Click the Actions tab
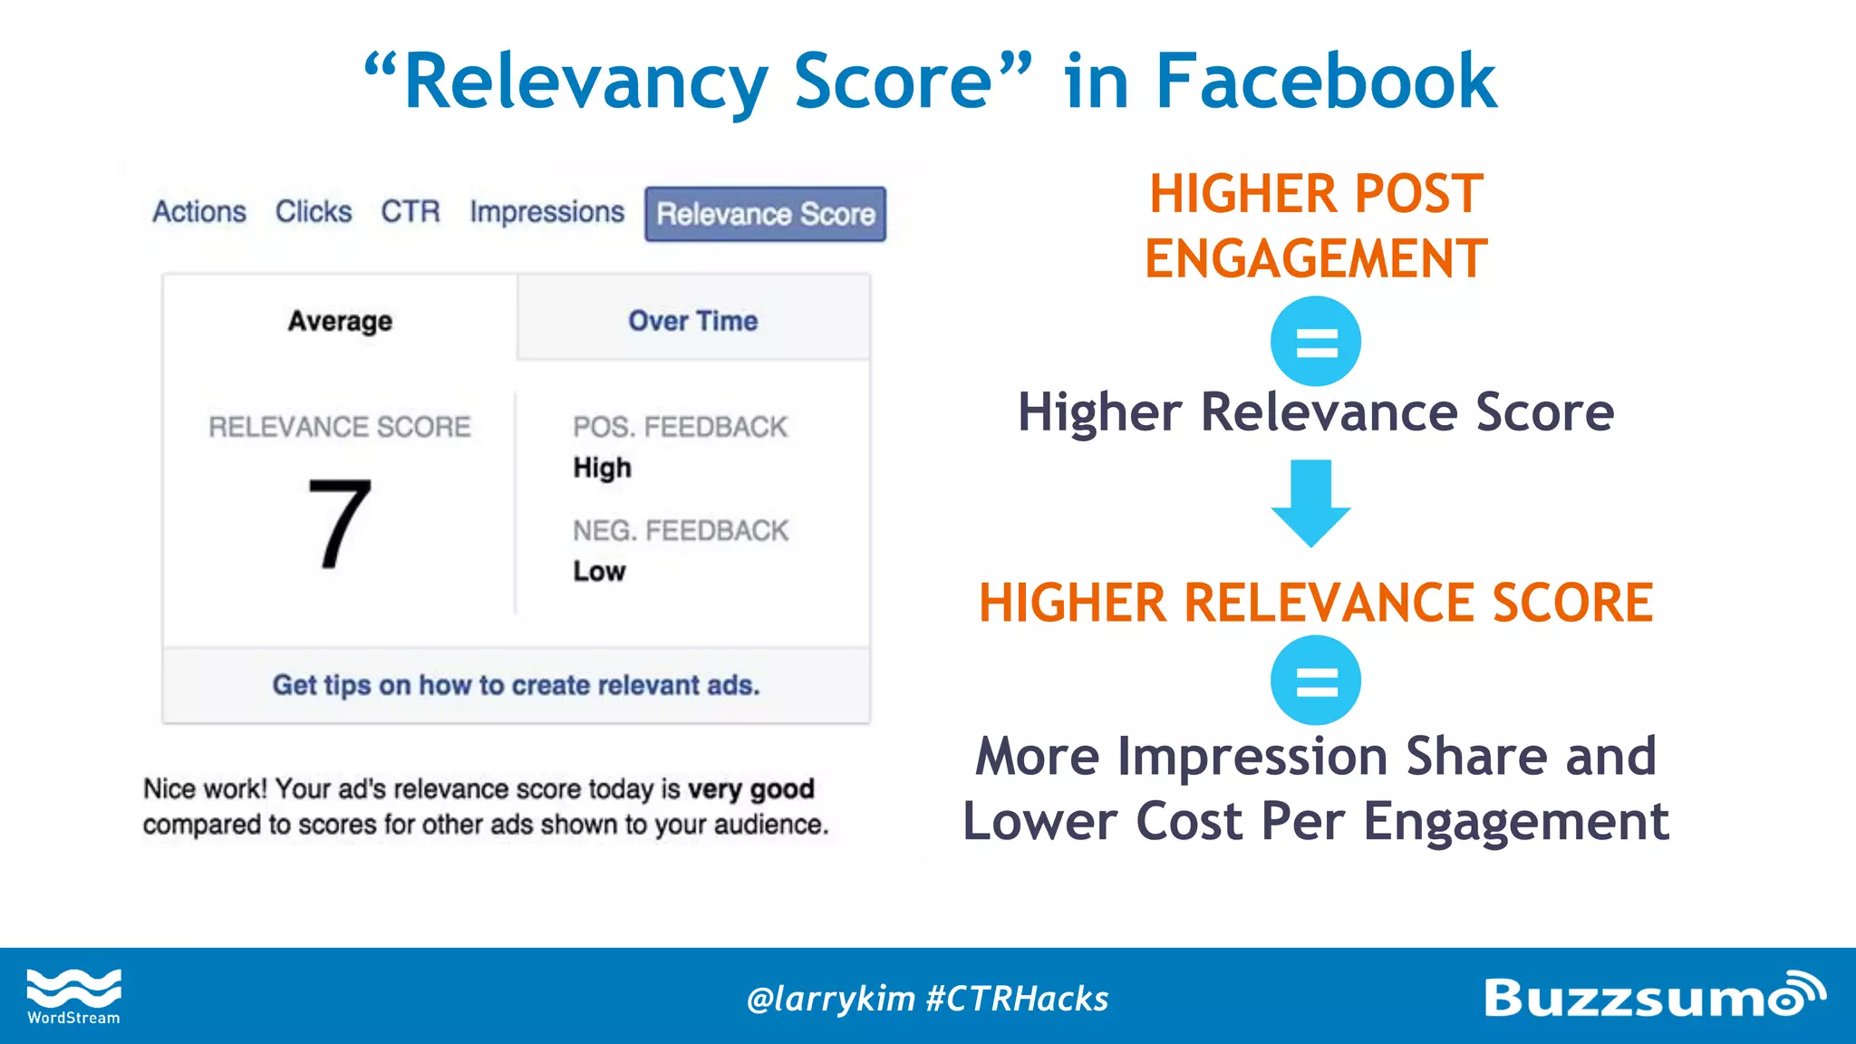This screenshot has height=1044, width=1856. pos(199,212)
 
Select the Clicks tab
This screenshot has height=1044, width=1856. pos(314,212)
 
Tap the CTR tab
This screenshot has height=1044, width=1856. pos(411,212)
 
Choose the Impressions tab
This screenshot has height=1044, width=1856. pos(546,212)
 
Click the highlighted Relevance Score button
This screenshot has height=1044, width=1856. pos(766,215)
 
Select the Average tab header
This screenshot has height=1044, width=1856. pos(340,321)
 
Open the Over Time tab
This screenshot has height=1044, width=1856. pos(693,321)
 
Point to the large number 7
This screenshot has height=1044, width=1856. pos(340,524)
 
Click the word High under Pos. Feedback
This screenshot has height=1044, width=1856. pos(602,468)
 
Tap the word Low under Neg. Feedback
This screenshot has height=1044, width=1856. pos(599,571)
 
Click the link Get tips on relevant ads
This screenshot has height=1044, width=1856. pos(516,685)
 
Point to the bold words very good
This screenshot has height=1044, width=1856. pos(750,788)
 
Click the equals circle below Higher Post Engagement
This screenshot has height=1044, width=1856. pos(1316,342)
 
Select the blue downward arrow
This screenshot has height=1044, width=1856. pos(1311,502)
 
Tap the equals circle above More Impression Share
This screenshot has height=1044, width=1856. pos(1316,680)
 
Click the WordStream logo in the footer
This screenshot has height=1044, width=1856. pos(73,996)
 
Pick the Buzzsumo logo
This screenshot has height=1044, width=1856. pos(1654,996)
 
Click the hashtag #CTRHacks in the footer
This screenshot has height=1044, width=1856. pos(1017,999)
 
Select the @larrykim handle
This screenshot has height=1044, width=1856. pos(830,999)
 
